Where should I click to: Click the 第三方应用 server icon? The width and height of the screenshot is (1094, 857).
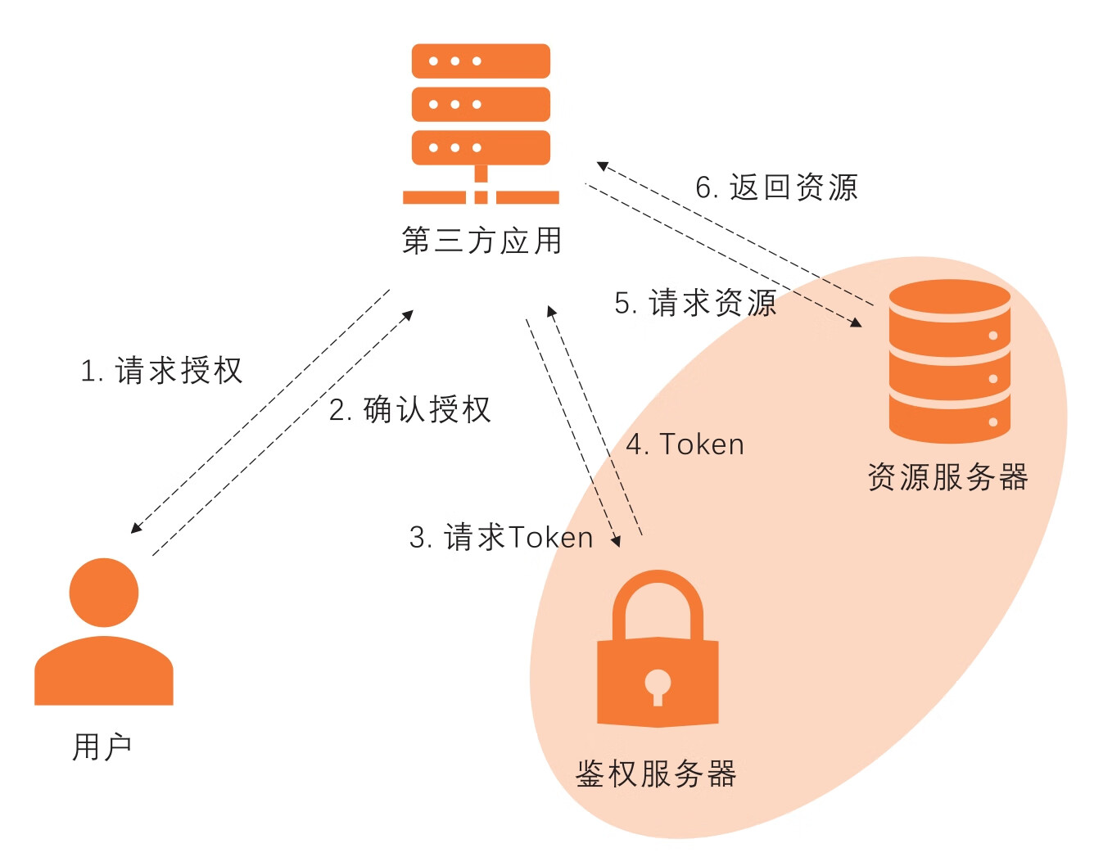click(481, 123)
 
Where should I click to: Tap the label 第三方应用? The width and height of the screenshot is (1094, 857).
click(481, 241)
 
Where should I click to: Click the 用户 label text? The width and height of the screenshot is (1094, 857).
click(102, 746)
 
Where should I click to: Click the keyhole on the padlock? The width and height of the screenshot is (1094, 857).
click(658, 686)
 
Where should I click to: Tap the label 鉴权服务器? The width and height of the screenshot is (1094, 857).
click(656, 774)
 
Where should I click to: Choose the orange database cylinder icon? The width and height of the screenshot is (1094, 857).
click(949, 362)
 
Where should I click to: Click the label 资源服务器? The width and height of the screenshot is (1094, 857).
click(947, 477)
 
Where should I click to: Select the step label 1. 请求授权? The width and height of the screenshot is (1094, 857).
click(161, 371)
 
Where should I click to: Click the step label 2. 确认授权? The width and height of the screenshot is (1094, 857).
click(409, 409)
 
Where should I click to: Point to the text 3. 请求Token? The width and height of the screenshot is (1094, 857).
click(501, 538)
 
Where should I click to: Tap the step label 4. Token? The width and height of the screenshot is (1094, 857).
click(685, 444)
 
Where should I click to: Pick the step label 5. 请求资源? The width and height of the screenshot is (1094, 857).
click(695, 303)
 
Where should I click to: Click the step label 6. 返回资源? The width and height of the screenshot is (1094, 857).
click(776, 187)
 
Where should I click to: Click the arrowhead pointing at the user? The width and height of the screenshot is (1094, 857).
click(136, 528)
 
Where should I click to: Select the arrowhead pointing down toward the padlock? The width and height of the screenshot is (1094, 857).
click(616, 541)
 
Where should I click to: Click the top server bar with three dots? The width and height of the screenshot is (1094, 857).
click(481, 61)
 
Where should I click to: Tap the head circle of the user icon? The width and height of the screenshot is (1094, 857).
click(104, 593)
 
